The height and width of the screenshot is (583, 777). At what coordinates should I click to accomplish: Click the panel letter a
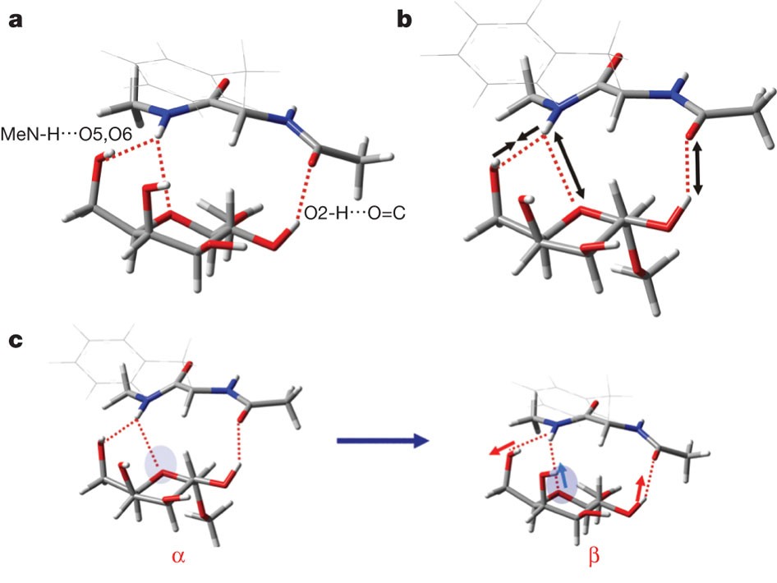point(15,21)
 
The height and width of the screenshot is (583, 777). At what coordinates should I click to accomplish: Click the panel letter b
point(404,20)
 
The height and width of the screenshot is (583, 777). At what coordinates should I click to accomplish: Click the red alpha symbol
point(177,555)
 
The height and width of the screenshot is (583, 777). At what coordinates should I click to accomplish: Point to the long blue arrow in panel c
point(383,442)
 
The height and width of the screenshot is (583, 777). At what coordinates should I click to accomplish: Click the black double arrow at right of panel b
point(698,168)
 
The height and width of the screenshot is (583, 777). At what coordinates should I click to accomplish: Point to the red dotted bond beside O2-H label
point(304,193)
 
